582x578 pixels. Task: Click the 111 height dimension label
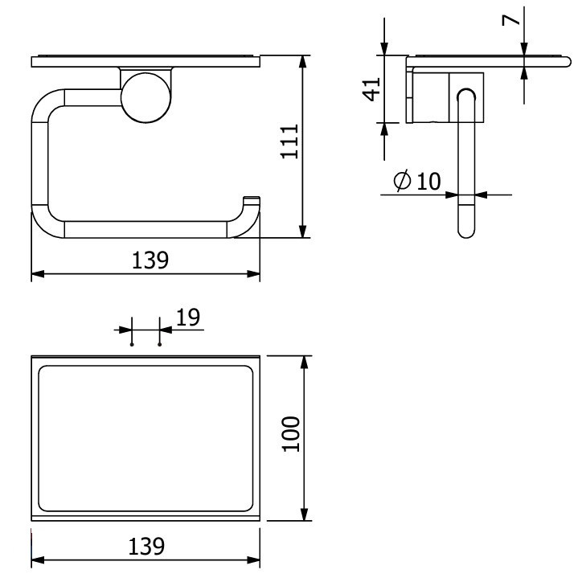tap(289, 141)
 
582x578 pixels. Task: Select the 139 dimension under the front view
tap(150, 260)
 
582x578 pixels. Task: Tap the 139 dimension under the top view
tap(146, 546)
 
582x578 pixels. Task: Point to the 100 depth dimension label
tap(291, 434)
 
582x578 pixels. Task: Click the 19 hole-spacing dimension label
tap(188, 318)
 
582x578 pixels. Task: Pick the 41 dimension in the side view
tap(371, 89)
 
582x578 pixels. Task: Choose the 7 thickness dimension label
tap(510, 19)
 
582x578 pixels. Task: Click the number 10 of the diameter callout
tap(428, 181)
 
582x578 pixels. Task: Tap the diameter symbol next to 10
tap(403, 181)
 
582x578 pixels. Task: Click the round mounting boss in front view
tap(145, 97)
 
